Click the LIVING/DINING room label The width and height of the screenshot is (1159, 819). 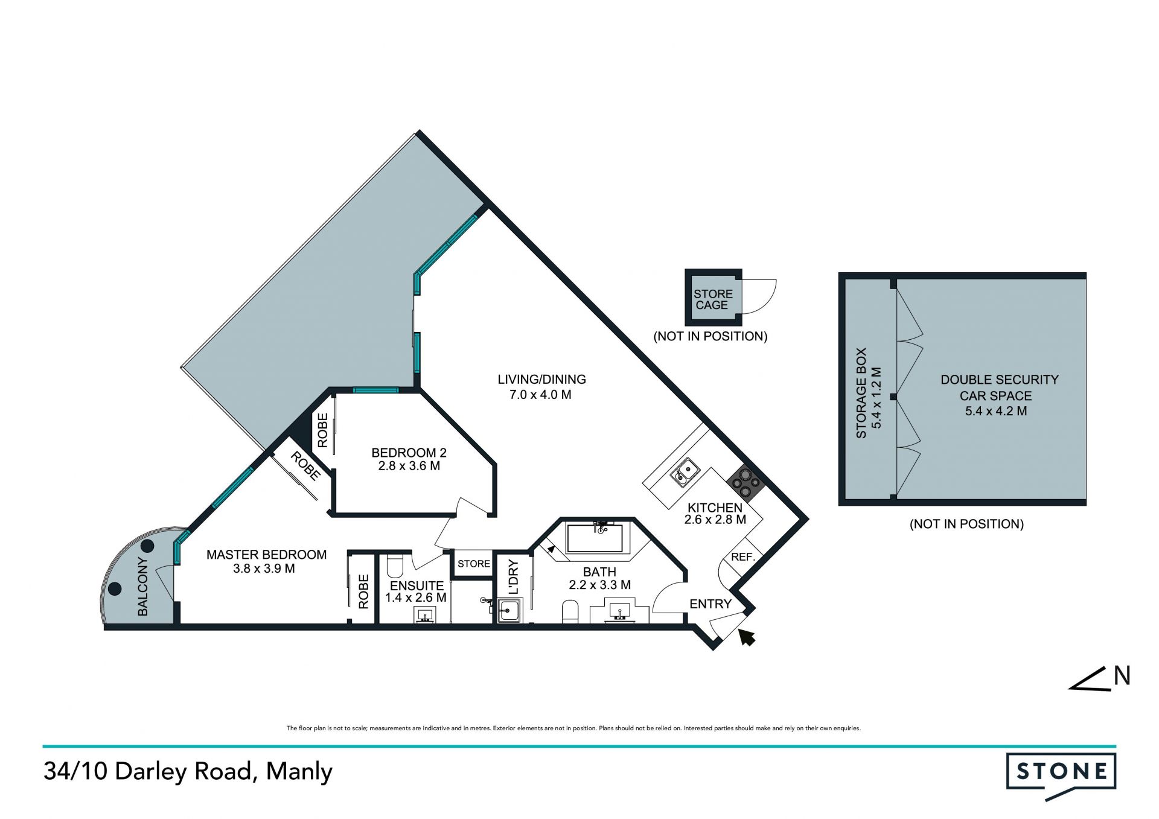coord(541,380)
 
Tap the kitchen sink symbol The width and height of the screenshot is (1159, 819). coord(685,472)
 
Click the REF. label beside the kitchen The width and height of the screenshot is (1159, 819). coord(743,557)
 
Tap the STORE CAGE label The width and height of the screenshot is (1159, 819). coord(713,299)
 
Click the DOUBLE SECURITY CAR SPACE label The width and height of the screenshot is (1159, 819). coord(999,387)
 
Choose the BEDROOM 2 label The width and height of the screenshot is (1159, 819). coord(409,453)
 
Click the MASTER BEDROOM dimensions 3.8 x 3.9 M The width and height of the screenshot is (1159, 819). coord(264,569)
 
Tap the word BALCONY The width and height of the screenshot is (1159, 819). coord(142,587)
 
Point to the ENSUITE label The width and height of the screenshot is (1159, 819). coord(417,586)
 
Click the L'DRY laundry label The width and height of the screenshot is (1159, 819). coord(513,577)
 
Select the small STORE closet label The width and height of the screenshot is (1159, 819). coord(474,564)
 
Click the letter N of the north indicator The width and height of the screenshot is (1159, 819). coord(1122,676)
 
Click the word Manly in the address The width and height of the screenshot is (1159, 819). coord(299,773)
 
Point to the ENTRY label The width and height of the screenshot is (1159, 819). coord(710,604)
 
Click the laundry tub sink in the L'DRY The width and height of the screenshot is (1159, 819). coord(509,611)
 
